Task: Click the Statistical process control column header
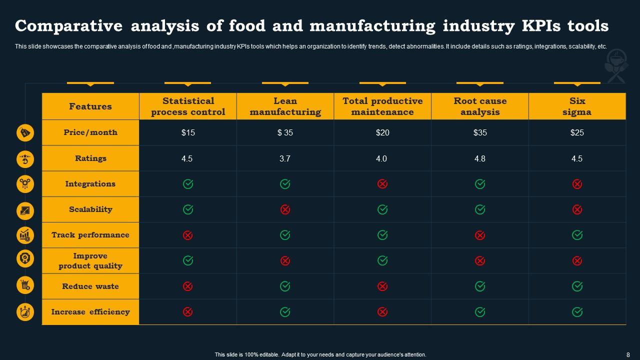(188, 106)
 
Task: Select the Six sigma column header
(577, 106)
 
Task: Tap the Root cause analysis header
(480, 106)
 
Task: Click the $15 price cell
(188, 132)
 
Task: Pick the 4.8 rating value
(480, 158)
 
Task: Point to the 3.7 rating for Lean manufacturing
(285, 158)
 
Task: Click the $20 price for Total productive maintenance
(382, 132)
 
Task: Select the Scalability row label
(90, 209)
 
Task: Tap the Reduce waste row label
(90, 286)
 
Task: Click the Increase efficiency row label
(90, 312)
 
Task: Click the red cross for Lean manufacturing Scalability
(285, 209)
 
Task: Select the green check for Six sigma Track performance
(577, 235)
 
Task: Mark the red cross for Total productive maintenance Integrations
(382, 184)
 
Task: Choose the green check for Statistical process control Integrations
(188, 184)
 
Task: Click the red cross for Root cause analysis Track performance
(480, 235)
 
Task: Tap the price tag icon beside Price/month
(25, 132)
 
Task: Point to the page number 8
(628, 354)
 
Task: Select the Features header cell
(90, 106)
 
